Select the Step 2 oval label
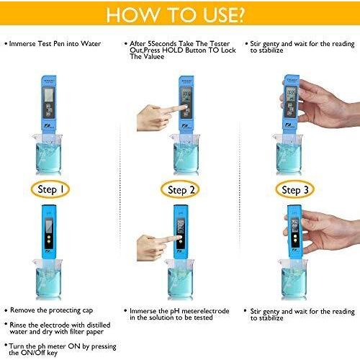180,190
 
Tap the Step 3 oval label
297,190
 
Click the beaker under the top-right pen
291,155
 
